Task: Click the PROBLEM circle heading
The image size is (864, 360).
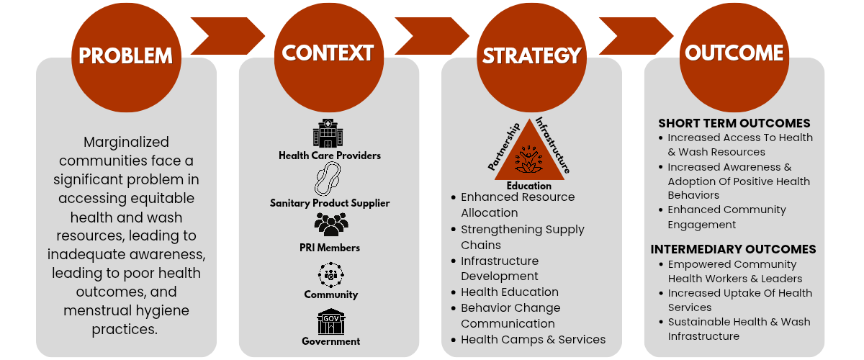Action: click(x=126, y=56)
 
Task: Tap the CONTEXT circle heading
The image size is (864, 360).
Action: click(x=328, y=53)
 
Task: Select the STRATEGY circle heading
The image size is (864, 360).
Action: click(x=531, y=56)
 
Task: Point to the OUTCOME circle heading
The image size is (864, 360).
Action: click(x=734, y=53)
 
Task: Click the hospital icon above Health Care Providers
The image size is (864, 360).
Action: click(x=328, y=134)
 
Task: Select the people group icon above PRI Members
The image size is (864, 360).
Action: click(x=330, y=225)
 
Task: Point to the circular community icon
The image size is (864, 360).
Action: click(x=330, y=274)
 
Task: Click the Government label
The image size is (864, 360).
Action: click(x=331, y=341)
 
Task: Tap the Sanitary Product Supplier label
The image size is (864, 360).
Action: click(x=330, y=203)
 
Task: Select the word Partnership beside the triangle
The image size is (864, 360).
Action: click(x=504, y=146)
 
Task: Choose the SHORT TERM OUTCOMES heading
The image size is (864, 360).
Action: click(x=734, y=123)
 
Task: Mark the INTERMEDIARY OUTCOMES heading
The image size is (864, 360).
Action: click(x=733, y=249)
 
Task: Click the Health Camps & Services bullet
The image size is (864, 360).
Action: click(x=533, y=339)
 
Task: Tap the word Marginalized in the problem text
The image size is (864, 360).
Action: click(x=126, y=142)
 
